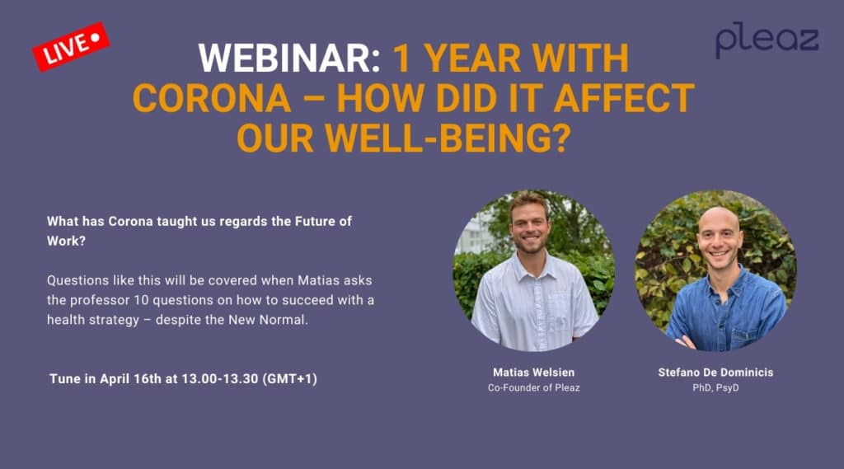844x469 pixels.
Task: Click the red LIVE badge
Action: pos(71,46)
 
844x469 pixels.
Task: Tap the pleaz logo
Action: pos(767,40)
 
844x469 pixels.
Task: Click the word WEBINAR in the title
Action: pos(289,59)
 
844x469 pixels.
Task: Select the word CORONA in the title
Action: pos(212,98)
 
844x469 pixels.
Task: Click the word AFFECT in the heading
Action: pos(624,98)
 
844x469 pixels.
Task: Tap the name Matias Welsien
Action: pos(533,372)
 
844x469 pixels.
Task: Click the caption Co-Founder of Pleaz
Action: pos(533,387)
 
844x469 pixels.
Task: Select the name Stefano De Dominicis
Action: pos(715,372)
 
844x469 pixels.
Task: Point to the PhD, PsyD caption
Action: pos(715,387)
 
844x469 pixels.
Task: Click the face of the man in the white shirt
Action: pos(529,224)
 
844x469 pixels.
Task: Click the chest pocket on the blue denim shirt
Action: pos(744,338)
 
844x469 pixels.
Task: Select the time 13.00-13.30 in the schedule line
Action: pos(219,378)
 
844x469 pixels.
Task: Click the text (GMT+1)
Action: pos(289,379)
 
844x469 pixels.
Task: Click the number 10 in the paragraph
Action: pos(141,300)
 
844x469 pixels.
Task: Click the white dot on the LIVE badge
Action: pos(96,37)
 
